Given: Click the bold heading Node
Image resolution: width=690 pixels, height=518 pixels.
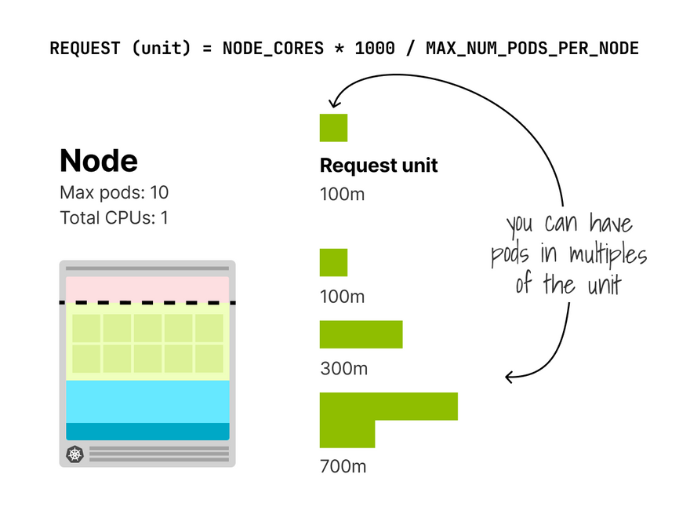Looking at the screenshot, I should pos(99,161).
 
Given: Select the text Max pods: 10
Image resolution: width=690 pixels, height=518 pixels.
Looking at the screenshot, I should pos(114,192).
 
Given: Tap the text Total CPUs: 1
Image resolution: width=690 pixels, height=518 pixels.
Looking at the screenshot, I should pos(114,217).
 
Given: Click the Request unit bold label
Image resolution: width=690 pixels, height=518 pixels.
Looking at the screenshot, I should pos(379,166).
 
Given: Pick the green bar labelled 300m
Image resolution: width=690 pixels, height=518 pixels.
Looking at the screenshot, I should pos(361,334).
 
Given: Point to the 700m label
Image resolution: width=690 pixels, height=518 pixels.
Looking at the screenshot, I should pos(343,466).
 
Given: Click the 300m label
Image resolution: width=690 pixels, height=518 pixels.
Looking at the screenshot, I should pos(343,368).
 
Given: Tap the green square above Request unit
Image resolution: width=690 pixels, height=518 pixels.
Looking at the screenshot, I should pos(333,128).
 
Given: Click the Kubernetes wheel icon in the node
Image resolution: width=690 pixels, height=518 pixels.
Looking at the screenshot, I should pos(74,454).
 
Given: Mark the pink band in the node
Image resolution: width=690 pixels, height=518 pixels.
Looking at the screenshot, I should pos(147,288).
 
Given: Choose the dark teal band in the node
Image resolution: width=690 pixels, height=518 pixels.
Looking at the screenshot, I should pos(147,431).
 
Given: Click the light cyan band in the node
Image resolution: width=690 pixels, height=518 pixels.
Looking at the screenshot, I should pos(147,401).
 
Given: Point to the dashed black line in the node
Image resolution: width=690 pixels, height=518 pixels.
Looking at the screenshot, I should pos(147,302).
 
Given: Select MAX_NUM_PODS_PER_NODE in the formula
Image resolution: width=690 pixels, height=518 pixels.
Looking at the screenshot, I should pos(532,49).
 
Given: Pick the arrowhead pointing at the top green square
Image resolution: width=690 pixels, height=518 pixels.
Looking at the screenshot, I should pos(335,102).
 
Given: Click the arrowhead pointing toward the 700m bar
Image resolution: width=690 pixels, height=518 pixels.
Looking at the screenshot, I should pos(510,378).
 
